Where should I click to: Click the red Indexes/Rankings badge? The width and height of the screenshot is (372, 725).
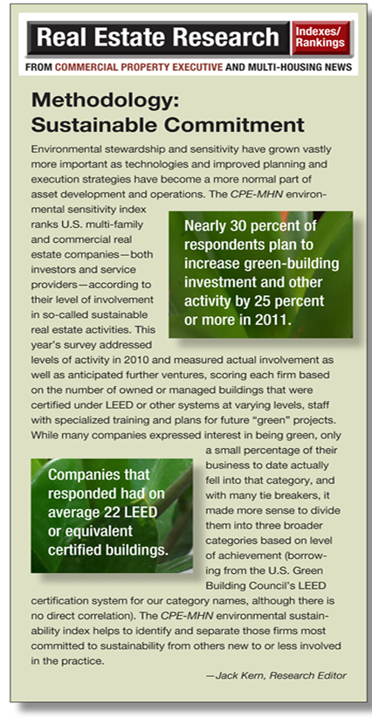[x=322, y=38]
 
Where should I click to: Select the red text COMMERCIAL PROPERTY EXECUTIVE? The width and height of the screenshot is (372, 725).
[x=139, y=67]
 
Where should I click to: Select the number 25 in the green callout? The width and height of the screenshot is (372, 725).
[x=263, y=301]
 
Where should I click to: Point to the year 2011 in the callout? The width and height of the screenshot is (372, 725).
[x=274, y=320]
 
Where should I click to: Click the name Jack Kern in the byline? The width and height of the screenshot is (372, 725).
[x=238, y=675]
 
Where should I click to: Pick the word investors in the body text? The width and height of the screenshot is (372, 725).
[x=49, y=269]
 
